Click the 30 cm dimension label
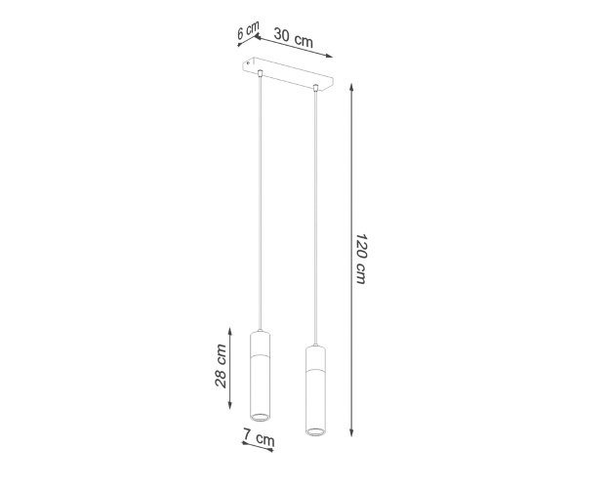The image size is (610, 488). click(294, 37)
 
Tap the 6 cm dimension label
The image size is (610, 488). click(248, 30)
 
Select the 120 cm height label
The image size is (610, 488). click(361, 259)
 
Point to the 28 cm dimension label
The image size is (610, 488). click(221, 366)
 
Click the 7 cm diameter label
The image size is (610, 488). click(259, 437)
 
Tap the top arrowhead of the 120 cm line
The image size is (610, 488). click(351, 87)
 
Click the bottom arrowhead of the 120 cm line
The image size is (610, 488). click(351, 432)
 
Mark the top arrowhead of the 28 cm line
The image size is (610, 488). click(230, 331)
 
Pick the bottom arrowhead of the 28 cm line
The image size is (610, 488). click(230, 405)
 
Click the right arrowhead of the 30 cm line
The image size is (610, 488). click(329, 56)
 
